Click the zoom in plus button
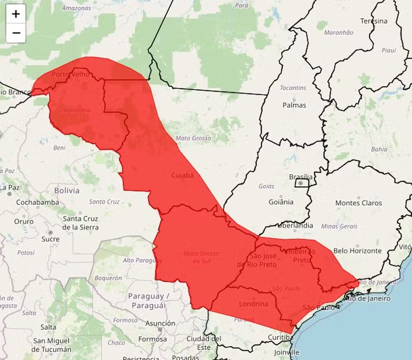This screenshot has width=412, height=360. (16, 14)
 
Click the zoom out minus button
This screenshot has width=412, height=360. (16, 33)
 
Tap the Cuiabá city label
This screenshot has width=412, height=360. (182, 175)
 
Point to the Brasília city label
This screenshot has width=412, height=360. (301, 177)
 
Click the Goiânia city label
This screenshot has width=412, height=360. (281, 202)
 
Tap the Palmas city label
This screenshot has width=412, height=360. (294, 105)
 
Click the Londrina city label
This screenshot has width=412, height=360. (253, 304)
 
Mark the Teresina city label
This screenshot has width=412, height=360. (373, 21)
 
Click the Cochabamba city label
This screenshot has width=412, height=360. (38, 203)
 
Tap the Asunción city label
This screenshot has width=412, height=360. (160, 323)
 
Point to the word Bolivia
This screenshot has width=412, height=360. (67, 190)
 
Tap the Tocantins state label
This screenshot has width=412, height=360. (293, 88)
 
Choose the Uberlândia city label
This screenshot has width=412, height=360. (295, 226)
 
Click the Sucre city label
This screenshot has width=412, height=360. (50, 239)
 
